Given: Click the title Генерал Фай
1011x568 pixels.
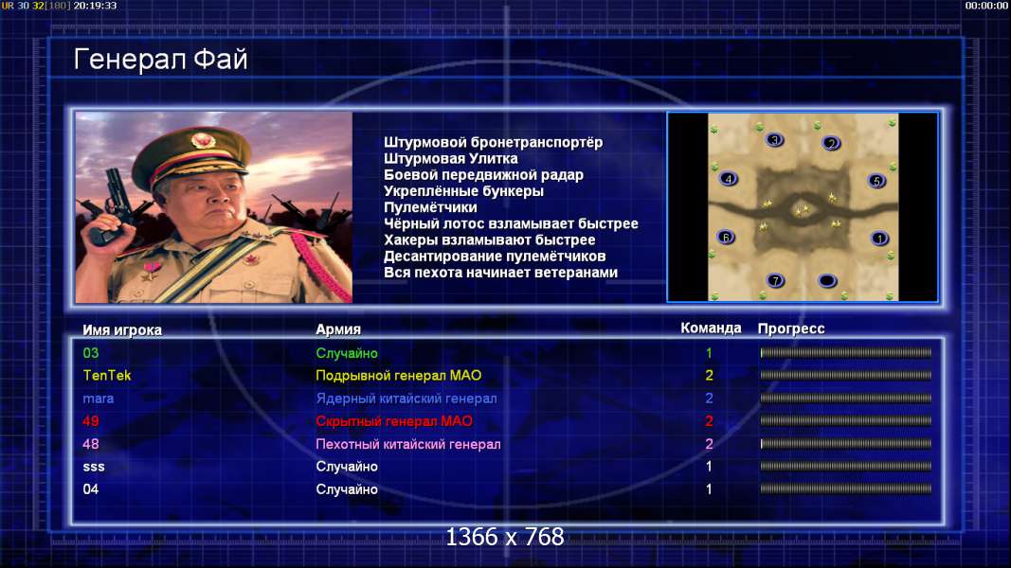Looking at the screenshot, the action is (160, 60).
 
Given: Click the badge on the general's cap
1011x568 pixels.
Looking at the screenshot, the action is (203, 141).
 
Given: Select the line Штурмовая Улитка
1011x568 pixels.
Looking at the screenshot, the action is (451, 158).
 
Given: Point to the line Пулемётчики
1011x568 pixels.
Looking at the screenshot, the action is (430, 207).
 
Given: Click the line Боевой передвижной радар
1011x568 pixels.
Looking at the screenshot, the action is (483, 175).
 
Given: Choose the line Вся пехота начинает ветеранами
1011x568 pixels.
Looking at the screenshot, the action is (500, 273).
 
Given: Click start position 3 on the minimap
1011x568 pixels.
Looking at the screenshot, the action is (775, 140).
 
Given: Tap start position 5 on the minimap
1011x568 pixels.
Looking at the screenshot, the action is (876, 181).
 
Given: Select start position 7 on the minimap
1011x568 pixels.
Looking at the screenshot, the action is (776, 280).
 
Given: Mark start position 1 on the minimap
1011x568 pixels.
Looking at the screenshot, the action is (879, 239).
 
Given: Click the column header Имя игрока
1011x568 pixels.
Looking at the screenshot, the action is (122, 329).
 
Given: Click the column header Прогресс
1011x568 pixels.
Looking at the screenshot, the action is (791, 328).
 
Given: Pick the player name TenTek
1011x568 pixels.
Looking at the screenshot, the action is (107, 376).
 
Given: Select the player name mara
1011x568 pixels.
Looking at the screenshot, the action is (98, 399).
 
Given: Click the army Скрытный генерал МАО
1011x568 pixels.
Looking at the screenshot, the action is (394, 421).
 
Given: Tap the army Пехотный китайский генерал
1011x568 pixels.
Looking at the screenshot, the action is (408, 444).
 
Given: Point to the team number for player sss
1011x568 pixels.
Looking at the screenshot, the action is (709, 467).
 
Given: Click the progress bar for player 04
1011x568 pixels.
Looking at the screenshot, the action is (846, 488).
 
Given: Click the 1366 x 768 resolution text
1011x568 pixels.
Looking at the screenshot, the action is (505, 537).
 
